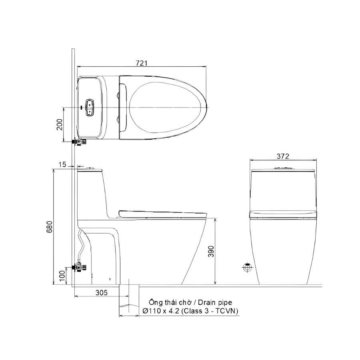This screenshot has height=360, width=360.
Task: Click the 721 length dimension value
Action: pos(142,63)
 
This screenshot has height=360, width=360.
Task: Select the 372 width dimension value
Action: pos(283,156)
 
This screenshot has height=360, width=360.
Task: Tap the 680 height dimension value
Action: pos(50,227)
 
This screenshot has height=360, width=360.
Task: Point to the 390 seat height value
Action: pos(211,252)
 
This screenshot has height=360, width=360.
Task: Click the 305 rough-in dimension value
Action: pos(102,292)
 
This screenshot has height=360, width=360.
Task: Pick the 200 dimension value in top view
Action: pos(60,124)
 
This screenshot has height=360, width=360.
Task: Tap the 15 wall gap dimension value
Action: pos(62,165)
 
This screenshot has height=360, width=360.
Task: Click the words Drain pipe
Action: pos(215,302)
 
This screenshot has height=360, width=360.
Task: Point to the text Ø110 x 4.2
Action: pos(161,311)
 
